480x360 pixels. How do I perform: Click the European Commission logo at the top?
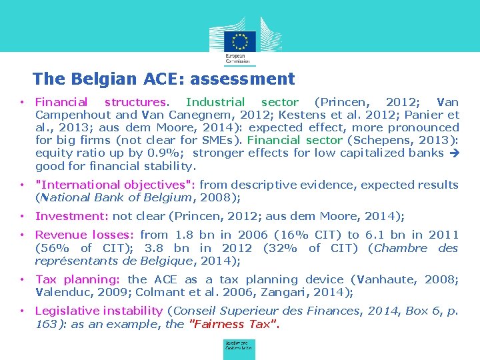240,41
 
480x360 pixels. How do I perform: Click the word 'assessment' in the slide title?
242,79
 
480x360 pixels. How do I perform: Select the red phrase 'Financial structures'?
100,103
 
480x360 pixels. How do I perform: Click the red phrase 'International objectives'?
115,185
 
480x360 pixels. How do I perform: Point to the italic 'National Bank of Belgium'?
108,197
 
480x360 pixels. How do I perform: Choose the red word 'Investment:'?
71,216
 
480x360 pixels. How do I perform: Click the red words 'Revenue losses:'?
85,235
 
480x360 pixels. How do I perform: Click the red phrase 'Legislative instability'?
99,311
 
